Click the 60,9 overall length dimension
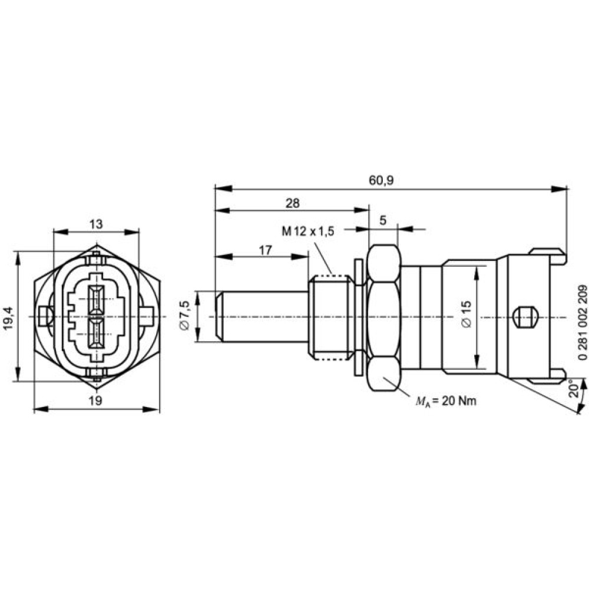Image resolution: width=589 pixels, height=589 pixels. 381,180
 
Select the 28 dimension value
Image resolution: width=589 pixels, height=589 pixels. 293,203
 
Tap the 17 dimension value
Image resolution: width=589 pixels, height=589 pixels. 265,250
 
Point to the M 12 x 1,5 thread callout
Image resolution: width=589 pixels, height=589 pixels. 308,231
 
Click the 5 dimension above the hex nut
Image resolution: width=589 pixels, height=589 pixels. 383,220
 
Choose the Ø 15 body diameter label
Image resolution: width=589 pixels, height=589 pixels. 466,314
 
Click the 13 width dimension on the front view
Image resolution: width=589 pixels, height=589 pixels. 96,224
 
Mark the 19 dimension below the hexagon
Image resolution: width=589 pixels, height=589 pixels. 96,401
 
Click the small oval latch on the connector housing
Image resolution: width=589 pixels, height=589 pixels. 525,317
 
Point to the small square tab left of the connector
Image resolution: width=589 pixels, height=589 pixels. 45,316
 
